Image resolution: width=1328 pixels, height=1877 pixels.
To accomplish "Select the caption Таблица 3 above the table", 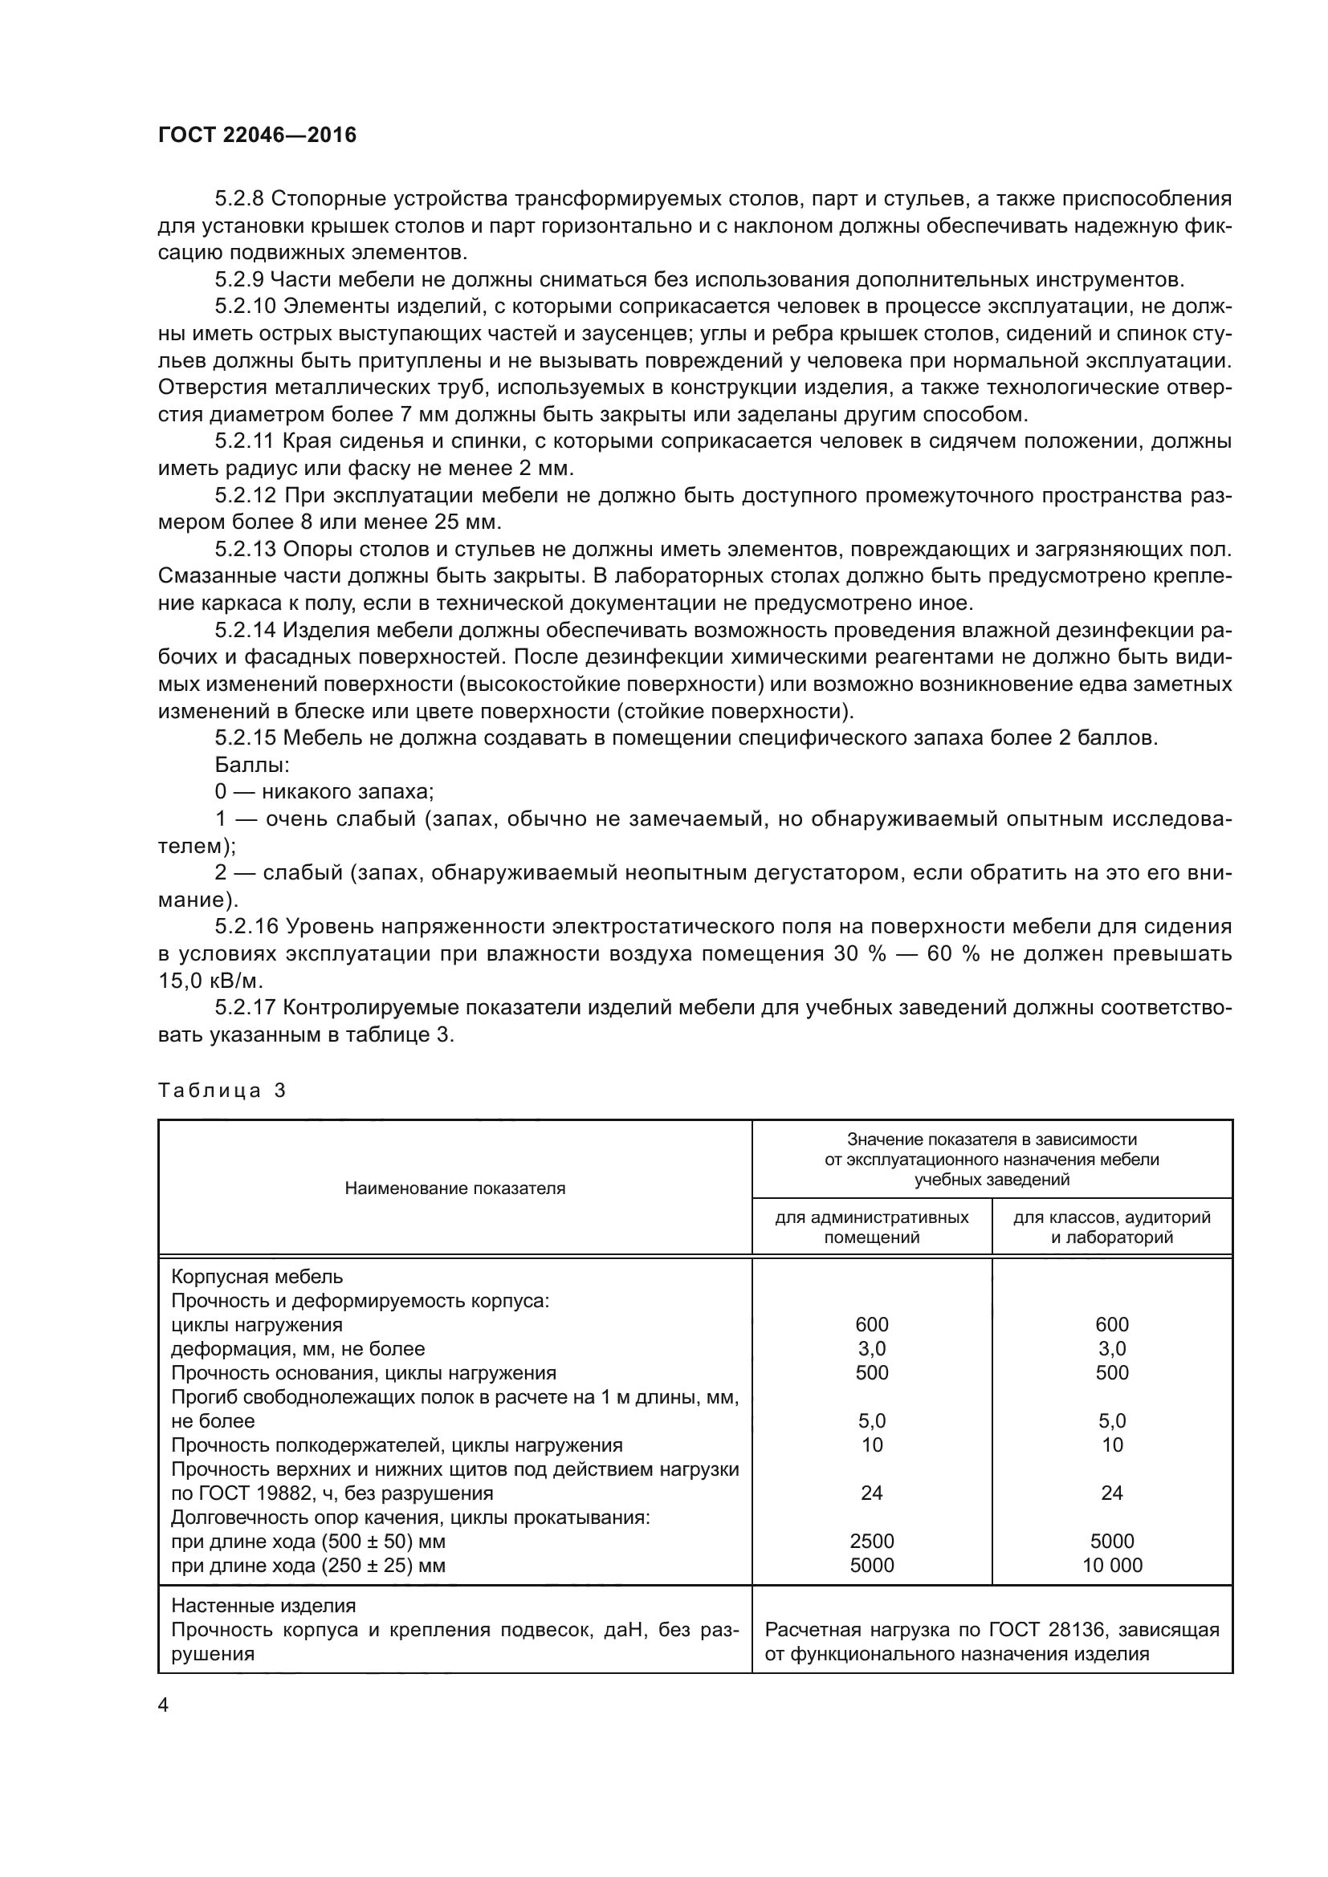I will pyautogui.click(x=222, y=1091).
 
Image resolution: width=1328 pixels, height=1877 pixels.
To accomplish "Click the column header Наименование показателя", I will pyautogui.click(x=454, y=1188).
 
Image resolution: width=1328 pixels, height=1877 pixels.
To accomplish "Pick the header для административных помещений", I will pyautogui.click(x=872, y=1227).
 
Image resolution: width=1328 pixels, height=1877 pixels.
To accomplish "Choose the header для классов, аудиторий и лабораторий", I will pyautogui.click(x=1111, y=1227).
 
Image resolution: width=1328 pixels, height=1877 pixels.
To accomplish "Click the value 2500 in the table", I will pyautogui.click(x=872, y=1541).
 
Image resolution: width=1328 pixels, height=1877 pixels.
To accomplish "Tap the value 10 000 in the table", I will pyautogui.click(x=1111, y=1566).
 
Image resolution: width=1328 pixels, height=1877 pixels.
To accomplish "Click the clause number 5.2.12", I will pyautogui.click(x=246, y=495).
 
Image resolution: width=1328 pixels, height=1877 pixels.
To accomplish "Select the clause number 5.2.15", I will pyautogui.click(x=246, y=738).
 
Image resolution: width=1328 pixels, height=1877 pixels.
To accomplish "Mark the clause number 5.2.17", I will pyautogui.click(x=246, y=1008).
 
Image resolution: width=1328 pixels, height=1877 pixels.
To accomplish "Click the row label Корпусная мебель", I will pyautogui.click(x=257, y=1276).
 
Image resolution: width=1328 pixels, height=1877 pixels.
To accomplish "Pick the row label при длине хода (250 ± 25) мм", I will pyautogui.click(x=308, y=1566).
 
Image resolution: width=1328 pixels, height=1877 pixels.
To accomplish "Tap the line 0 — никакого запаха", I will pyautogui.click(x=324, y=792).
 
